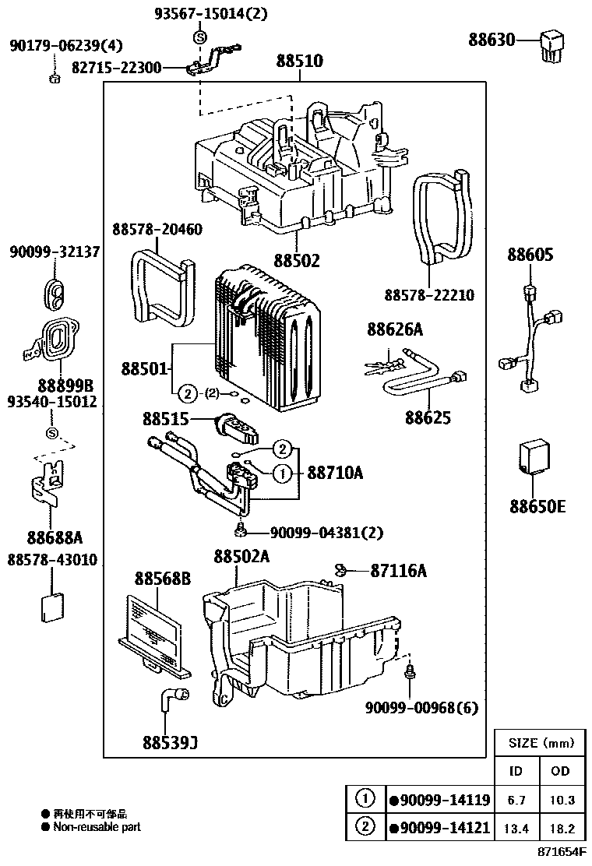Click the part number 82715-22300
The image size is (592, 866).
(113, 69)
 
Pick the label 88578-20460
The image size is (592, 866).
(157, 230)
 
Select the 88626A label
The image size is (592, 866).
(395, 331)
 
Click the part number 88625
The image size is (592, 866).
(428, 417)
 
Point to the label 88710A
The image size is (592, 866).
(335, 472)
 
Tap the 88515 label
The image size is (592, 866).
(165, 419)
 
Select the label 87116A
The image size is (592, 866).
(399, 571)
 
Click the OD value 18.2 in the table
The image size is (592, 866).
(561, 827)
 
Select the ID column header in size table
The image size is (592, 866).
(516, 771)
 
